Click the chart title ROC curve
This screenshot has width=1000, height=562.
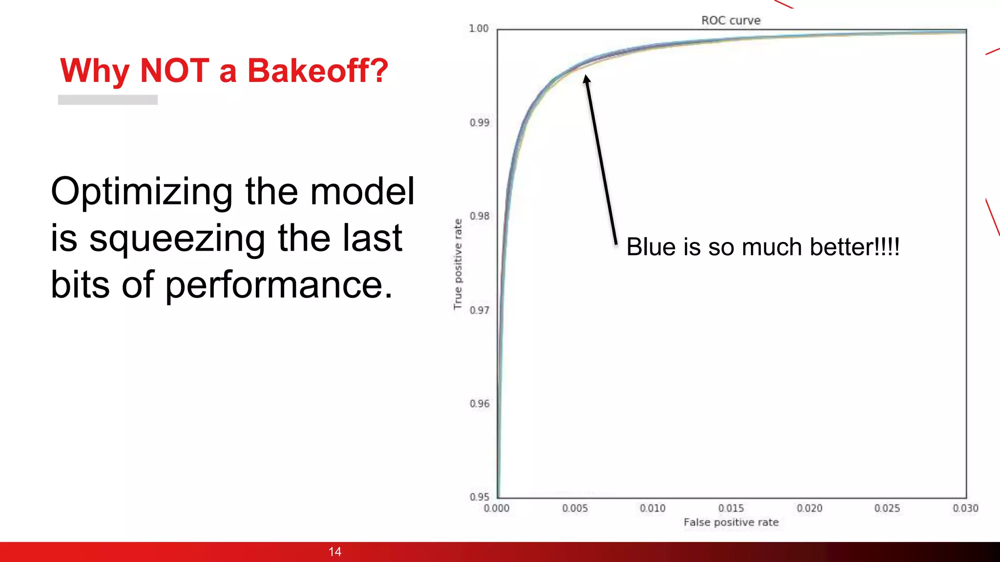pyautogui.click(x=730, y=20)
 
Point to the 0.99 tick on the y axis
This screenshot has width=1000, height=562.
pyautogui.click(x=479, y=122)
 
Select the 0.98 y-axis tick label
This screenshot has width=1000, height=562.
pyautogui.click(x=479, y=216)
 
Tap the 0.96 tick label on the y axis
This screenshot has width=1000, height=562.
pyautogui.click(x=479, y=404)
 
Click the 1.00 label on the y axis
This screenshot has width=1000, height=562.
pyautogui.click(x=479, y=29)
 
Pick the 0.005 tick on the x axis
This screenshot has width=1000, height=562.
pyautogui.click(x=575, y=508)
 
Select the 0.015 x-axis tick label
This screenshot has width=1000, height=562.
pyautogui.click(x=731, y=508)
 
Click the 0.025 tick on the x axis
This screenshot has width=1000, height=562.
pyautogui.click(x=887, y=508)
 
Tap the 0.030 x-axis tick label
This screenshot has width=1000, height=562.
pyautogui.click(x=965, y=508)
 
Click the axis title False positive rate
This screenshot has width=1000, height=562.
pyautogui.click(x=731, y=522)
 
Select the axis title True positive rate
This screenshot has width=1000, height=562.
pyautogui.click(x=458, y=264)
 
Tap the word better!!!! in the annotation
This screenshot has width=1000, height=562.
pyautogui.click(x=854, y=247)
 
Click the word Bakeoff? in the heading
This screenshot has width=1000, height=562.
pyautogui.click(x=317, y=71)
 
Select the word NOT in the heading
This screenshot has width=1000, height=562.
pyautogui.click(x=174, y=71)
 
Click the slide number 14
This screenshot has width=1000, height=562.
pyautogui.click(x=335, y=552)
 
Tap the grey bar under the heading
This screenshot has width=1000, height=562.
pyautogui.click(x=108, y=100)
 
